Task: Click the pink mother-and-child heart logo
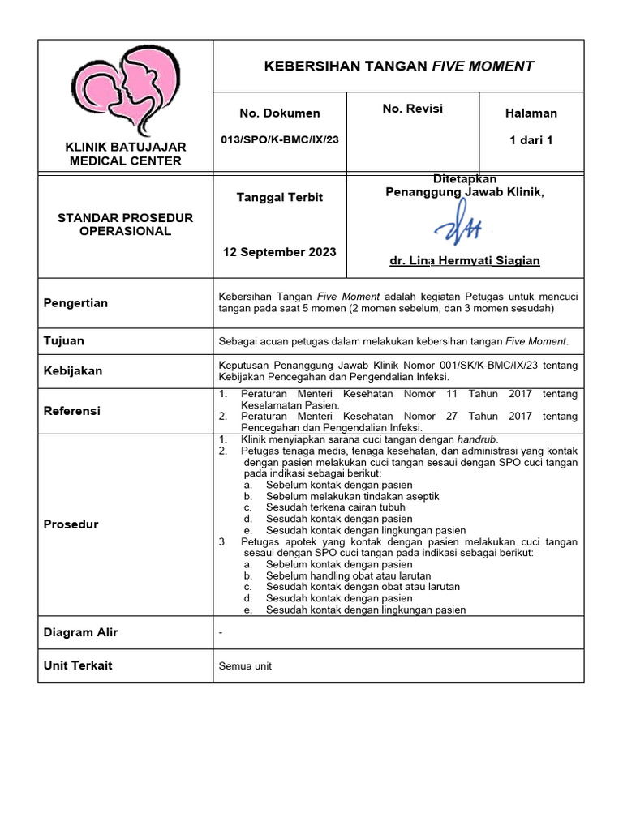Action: tap(126, 88)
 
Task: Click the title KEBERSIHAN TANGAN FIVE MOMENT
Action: tap(399, 66)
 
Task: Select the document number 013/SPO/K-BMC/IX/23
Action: tap(280, 139)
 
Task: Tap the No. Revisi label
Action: tap(412, 109)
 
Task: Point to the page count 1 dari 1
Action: tap(531, 140)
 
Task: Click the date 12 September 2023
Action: tap(279, 251)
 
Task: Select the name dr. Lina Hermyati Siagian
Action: tap(465, 260)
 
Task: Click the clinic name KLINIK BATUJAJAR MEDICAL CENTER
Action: tap(126, 153)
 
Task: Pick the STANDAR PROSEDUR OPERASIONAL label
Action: tap(126, 225)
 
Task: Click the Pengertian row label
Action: tap(75, 303)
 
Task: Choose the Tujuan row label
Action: tap(64, 341)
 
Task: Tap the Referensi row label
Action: tap(72, 411)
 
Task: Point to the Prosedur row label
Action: tap(71, 524)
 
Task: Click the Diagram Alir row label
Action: tap(80, 632)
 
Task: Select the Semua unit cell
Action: tap(245, 666)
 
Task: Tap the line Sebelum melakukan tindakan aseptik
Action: tap(352, 496)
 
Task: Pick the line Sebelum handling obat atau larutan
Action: tap(348, 575)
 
